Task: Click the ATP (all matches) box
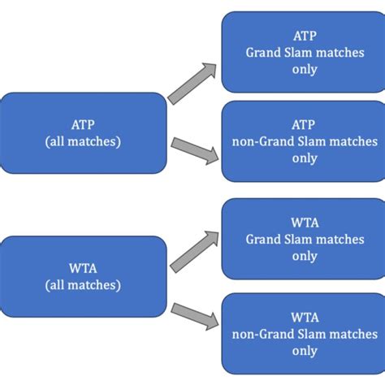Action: pyautogui.click(x=83, y=132)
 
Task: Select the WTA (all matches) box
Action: pyautogui.click(x=83, y=275)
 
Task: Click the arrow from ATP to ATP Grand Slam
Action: pyautogui.click(x=193, y=83)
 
